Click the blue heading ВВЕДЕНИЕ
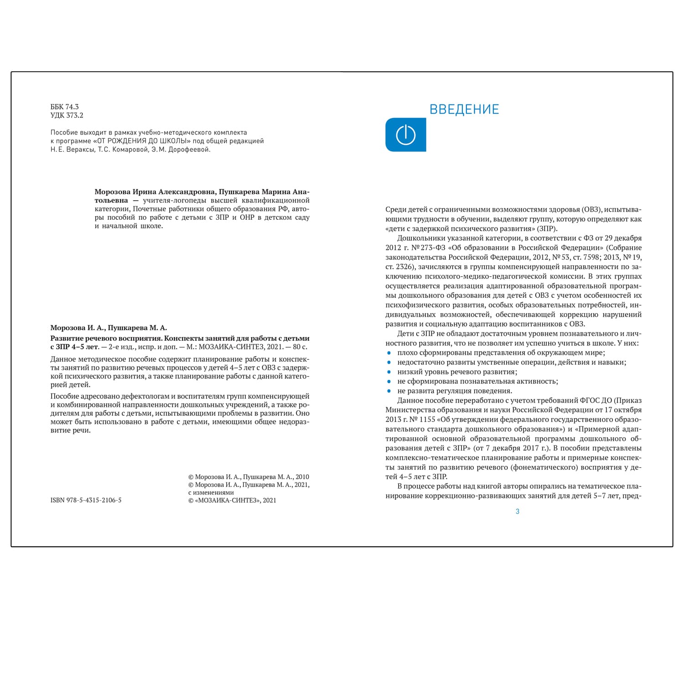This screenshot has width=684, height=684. point(464,109)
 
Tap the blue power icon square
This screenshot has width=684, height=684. point(405,135)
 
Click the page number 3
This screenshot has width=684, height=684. point(518,512)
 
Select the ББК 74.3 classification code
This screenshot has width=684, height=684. point(65,107)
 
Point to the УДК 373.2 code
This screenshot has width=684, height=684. point(67,115)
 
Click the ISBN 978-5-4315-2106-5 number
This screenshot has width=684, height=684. point(86,500)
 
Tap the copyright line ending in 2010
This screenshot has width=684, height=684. point(249,477)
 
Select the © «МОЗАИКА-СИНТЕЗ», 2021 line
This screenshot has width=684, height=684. point(232,500)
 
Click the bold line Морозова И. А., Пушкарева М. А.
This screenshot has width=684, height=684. point(109,328)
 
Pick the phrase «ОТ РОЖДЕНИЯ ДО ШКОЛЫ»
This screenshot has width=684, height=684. point(142,141)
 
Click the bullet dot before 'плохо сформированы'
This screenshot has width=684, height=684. point(389,353)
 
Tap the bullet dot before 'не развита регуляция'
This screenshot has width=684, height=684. point(389,391)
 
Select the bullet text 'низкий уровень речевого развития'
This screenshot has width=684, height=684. point(457,372)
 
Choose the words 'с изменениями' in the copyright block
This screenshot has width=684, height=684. point(211,492)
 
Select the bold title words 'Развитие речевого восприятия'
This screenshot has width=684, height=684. point(106,338)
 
